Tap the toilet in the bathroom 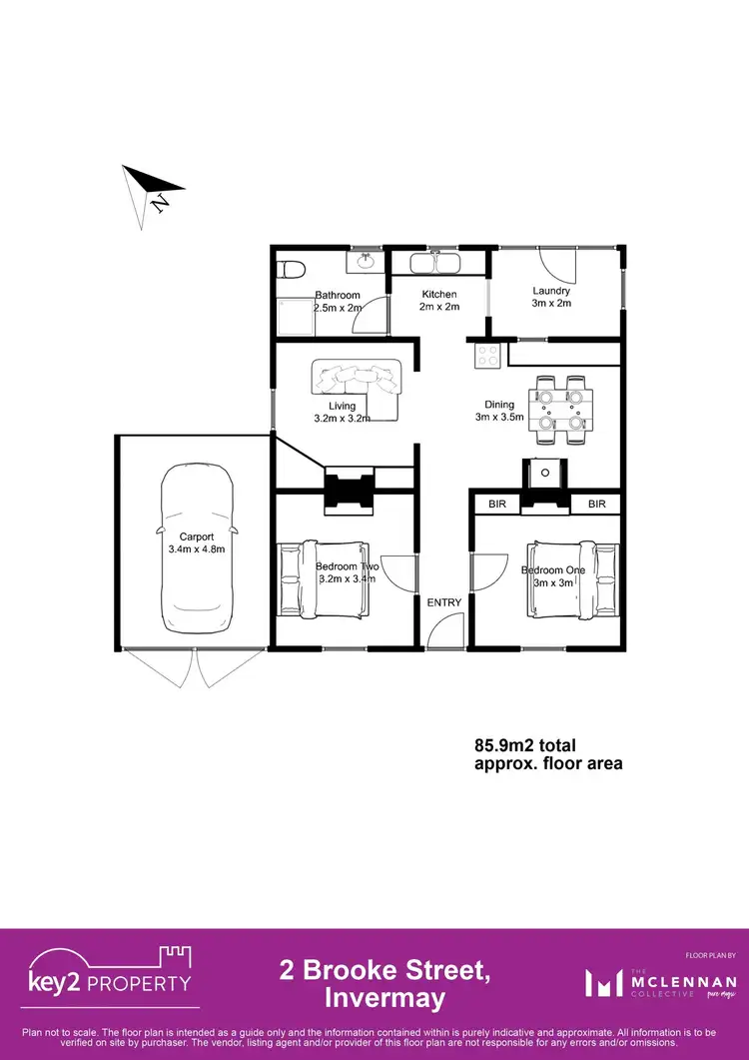[291, 270]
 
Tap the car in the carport [197, 546]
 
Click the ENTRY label [444, 602]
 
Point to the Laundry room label [550, 291]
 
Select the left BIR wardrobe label [497, 505]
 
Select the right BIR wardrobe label [597, 505]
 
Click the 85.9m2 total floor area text [547, 754]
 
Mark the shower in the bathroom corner [297, 321]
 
